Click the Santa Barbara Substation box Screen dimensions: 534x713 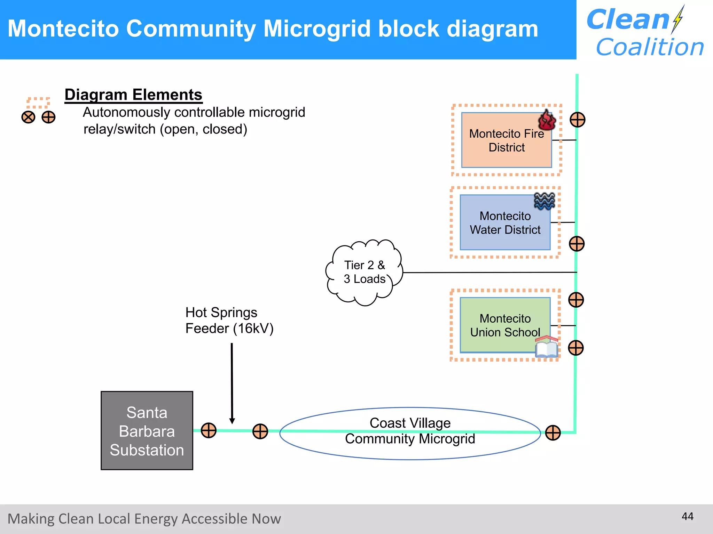147,430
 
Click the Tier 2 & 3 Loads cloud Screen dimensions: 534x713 364,272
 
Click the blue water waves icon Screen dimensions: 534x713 544,201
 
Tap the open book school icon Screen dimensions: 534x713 547,347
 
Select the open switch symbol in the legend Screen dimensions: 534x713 28,117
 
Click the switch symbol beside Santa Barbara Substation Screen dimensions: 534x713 209,430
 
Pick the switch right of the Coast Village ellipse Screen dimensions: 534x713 553,433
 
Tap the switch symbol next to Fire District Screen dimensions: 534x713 577,120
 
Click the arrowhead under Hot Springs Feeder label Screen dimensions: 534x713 232,421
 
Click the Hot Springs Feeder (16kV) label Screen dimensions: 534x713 229,320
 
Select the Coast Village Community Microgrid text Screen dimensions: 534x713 410,431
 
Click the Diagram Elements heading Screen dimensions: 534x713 133,95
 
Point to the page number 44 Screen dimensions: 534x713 687,516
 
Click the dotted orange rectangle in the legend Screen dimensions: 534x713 38,103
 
